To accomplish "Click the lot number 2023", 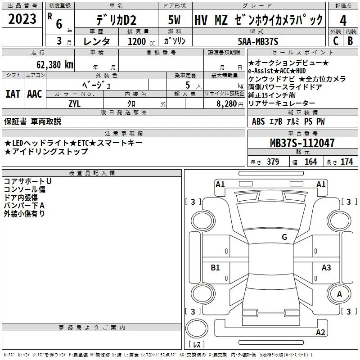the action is tap(22, 19).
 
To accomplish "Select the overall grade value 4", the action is tap(343, 21).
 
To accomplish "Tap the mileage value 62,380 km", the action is tap(55, 65).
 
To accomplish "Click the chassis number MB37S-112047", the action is tap(302, 143).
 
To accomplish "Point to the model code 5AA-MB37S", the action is tap(258, 41).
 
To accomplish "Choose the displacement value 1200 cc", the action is tap(141, 41).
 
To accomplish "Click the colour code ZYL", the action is tap(74, 104).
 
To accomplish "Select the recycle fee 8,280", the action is tap(227, 104).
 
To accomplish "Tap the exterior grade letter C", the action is tap(336, 41).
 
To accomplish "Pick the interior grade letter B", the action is tap(350, 41).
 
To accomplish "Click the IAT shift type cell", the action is tap(13, 94).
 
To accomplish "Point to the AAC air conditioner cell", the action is tap(35, 94).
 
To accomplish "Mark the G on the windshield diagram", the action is tap(284, 237).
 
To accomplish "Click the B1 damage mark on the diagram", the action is tap(215, 267).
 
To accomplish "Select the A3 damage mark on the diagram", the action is tap(326, 267).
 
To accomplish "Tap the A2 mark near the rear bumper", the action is tap(320, 332).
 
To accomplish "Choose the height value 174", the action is tap(346, 162).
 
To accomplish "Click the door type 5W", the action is tap(174, 20).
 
